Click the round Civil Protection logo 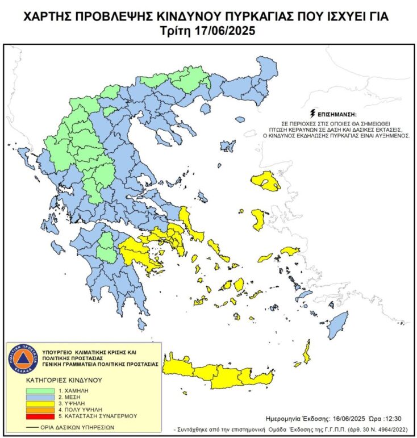[21, 359]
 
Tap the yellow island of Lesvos [266, 181]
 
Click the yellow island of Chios [258, 219]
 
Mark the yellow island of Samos [290, 251]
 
